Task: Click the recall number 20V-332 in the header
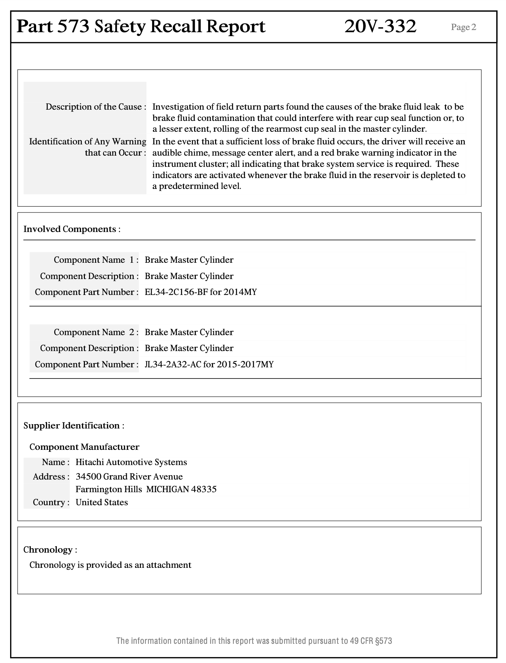pos(380,26)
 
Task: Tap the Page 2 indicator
pos(463,27)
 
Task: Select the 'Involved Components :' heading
pos(72,229)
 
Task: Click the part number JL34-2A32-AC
pos(173,364)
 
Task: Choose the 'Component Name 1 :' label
pos(96,260)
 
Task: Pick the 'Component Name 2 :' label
pos(96,332)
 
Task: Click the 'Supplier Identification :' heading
pos(74,426)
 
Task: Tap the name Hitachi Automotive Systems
pos(131,462)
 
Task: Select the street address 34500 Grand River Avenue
pos(129,477)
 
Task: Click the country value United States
pos(102,502)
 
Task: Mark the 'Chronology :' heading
pos(50,550)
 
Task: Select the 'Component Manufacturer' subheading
pos(84,447)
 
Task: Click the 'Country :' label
pos(51,502)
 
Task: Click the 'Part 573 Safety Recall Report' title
pos(141,26)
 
